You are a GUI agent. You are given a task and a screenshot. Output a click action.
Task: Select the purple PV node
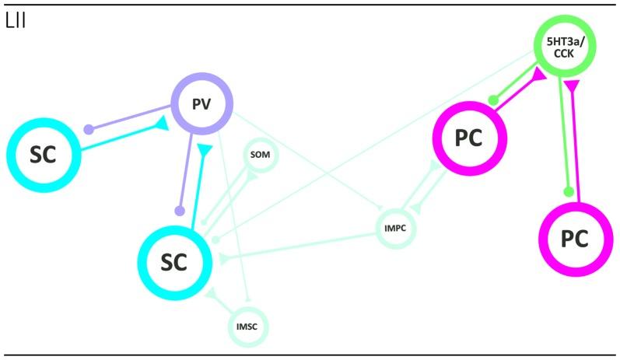point(203,104)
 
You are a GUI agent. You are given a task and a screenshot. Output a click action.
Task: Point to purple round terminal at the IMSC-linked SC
point(179,210)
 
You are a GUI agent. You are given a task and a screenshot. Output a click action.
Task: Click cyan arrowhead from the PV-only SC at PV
point(161,123)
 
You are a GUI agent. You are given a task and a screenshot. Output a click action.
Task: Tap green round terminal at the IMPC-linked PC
point(492,101)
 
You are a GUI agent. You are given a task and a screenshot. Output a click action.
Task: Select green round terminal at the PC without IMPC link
point(569,190)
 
